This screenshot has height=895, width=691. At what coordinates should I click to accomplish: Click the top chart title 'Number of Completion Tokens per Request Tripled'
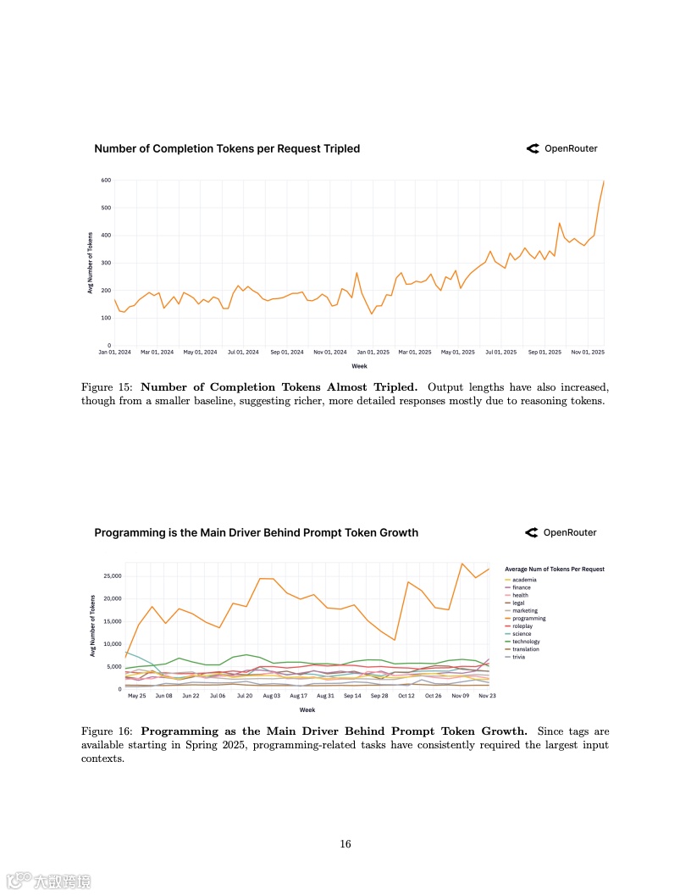coord(227,149)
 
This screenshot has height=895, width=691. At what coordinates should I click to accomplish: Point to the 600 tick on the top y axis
coord(107,181)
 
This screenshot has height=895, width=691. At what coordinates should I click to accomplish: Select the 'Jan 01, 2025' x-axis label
coord(373,352)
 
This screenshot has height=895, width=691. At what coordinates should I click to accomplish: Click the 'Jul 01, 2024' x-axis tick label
coord(243,352)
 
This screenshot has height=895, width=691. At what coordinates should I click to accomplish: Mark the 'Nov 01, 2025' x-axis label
coord(588,352)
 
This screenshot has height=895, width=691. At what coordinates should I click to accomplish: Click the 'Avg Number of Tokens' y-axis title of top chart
coord(90,263)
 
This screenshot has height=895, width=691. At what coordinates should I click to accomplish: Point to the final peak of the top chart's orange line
coord(604,181)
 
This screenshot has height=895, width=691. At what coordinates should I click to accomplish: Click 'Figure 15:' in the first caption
coord(108,387)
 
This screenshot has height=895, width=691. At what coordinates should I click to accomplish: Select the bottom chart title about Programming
coord(256,533)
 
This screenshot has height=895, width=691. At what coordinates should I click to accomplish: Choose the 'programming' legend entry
coord(528,619)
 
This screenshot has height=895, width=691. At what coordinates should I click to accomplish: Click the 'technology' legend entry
coord(527,642)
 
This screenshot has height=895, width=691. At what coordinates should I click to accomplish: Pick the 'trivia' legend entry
coord(519,657)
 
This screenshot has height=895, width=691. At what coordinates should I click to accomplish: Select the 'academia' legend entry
coord(524,580)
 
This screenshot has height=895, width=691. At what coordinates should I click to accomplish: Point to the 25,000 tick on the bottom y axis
coord(113,576)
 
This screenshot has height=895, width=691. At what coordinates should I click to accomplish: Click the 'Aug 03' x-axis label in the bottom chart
coord(272,696)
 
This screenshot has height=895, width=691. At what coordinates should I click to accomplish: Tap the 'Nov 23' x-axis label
coord(487,696)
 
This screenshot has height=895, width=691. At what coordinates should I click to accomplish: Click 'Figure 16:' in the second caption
coord(108,731)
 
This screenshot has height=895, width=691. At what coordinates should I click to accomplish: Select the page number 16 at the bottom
coord(345,844)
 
